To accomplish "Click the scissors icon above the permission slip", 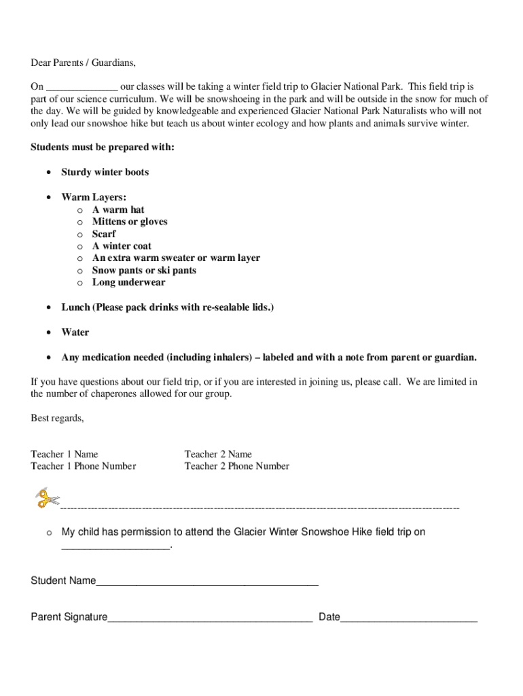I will click(47, 498).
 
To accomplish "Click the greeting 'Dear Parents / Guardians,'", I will click(83, 63).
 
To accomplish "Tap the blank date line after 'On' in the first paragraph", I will click(82, 88).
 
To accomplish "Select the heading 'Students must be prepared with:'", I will click(103, 147).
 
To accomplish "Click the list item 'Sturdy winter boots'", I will click(105, 173).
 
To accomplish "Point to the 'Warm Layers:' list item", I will click(94, 197).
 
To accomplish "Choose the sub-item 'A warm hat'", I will click(118, 210).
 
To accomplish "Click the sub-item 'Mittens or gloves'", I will click(130, 222).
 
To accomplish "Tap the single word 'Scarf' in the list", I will click(104, 234).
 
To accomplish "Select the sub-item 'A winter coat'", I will click(122, 246).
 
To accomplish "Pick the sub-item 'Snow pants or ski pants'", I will click(144, 271).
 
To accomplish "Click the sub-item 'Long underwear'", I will click(128, 283).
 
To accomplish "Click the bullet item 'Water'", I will click(75, 332).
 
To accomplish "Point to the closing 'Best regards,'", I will click(57, 418).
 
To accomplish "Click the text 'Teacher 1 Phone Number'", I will click(83, 466).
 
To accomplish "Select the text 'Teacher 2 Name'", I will click(218, 454).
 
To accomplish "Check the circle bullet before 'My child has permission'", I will click(49, 533).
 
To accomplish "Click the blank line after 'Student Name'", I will click(207, 582).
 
